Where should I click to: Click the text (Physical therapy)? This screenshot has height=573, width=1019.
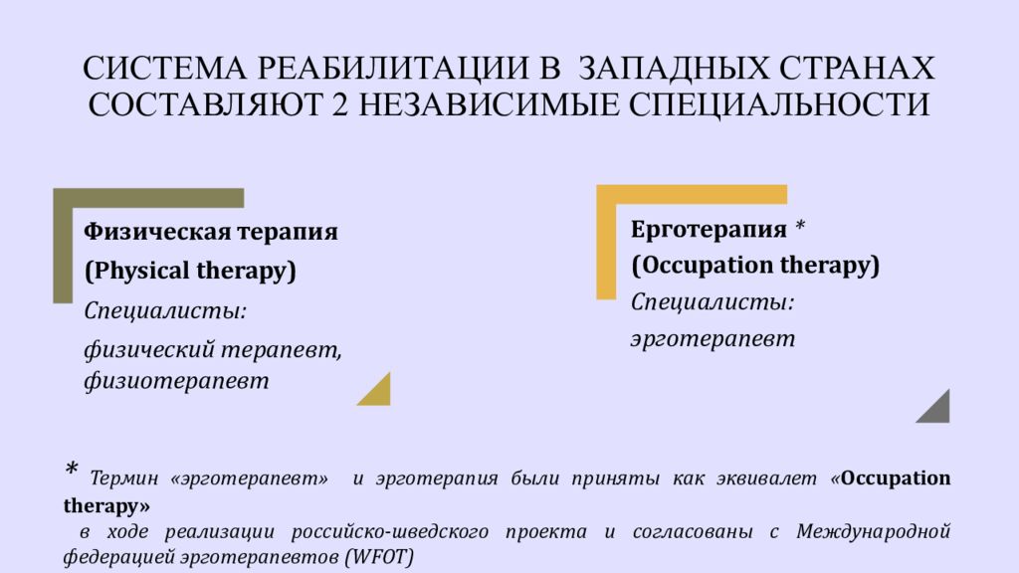click(x=190, y=271)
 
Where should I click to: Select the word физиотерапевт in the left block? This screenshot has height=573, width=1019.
click(x=176, y=381)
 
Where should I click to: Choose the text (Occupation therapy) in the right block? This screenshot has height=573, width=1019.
click(x=755, y=266)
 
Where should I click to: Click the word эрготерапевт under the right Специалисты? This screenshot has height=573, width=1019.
click(x=713, y=339)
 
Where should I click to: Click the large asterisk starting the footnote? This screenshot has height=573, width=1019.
click(x=72, y=471)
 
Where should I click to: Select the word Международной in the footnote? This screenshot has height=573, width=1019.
click(x=874, y=531)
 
